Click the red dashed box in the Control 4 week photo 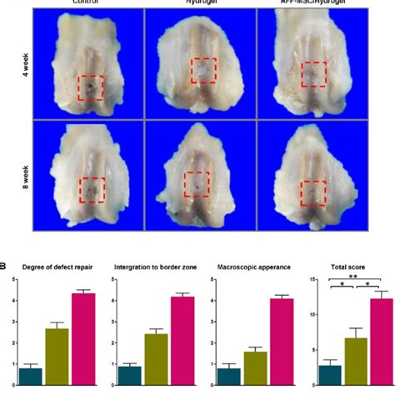(x=91, y=87)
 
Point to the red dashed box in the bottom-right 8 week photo (x=313, y=192)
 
